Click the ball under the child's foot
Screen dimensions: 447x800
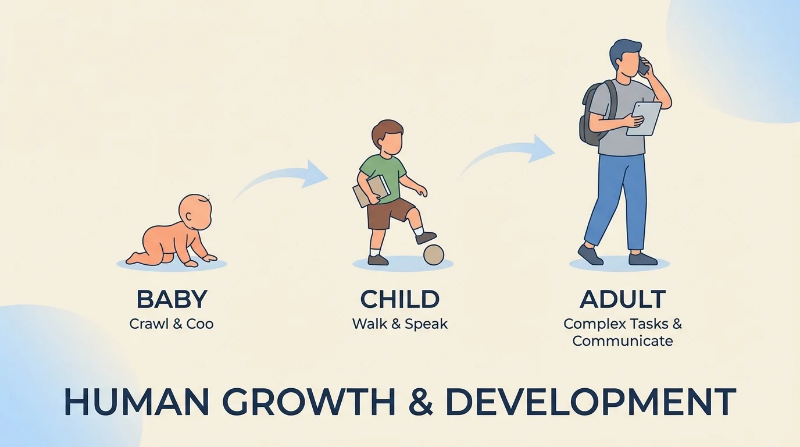click(433, 254)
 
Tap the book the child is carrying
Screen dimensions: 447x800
click(371, 190)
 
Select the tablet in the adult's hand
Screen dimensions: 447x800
click(644, 119)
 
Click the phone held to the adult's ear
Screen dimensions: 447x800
click(643, 66)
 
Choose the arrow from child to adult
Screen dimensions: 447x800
click(509, 152)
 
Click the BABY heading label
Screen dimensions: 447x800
click(172, 299)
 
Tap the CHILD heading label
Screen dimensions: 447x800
click(399, 299)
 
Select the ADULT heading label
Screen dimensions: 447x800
click(622, 299)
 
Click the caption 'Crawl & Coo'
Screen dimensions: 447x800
click(172, 324)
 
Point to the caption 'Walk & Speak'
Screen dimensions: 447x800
click(399, 324)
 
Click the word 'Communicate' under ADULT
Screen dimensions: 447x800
click(622, 341)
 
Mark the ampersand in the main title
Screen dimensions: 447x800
click(420, 402)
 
